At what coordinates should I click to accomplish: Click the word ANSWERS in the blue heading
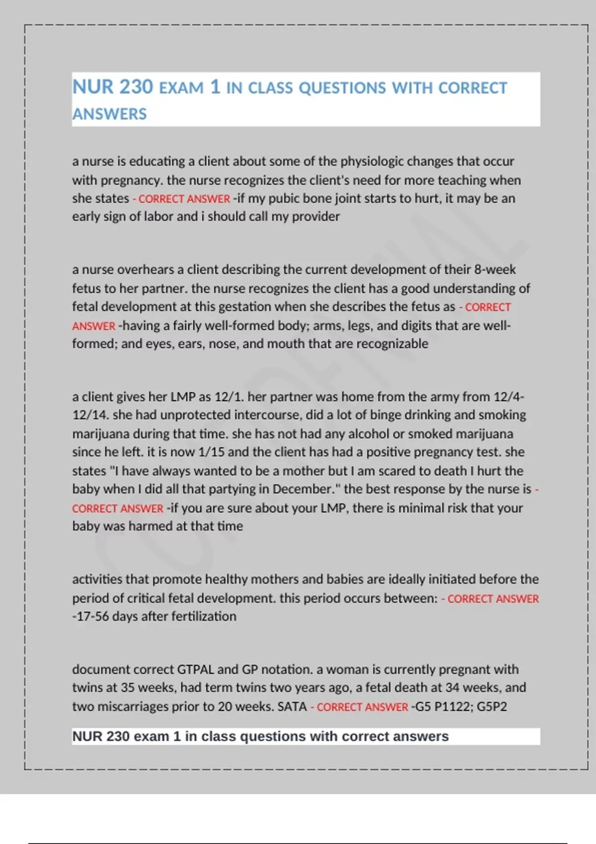[109, 114]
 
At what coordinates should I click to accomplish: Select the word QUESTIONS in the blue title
[342, 88]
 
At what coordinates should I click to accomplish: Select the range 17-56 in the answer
[92, 616]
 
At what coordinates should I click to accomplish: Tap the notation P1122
[452, 706]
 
